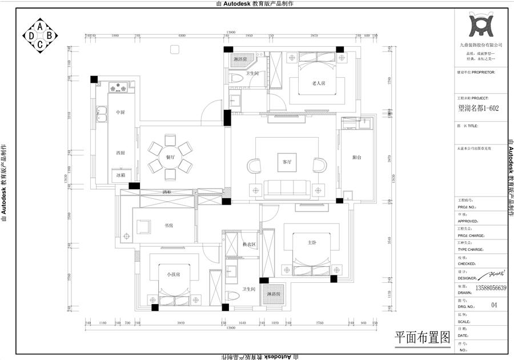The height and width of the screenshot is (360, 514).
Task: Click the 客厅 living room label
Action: tap(287, 162)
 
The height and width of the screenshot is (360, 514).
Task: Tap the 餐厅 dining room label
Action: tap(170, 155)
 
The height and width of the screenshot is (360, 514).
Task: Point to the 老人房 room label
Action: tap(318, 83)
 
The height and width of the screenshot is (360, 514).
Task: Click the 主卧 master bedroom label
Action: tap(312, 242)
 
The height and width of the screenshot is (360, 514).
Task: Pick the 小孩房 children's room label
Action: tap(174, 275)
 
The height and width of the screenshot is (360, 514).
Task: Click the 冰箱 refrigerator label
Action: tap(121, 175)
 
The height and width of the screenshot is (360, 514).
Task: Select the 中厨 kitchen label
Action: tap(121, 112)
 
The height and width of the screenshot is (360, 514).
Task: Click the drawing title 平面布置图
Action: tap(423, 337)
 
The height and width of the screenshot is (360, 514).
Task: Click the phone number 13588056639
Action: tap(490, 288)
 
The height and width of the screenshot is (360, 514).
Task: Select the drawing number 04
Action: tap(495, 306)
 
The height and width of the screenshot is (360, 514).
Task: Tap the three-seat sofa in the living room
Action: tap(287, 187)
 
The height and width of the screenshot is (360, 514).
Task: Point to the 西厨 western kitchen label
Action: tap(121, 153)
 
